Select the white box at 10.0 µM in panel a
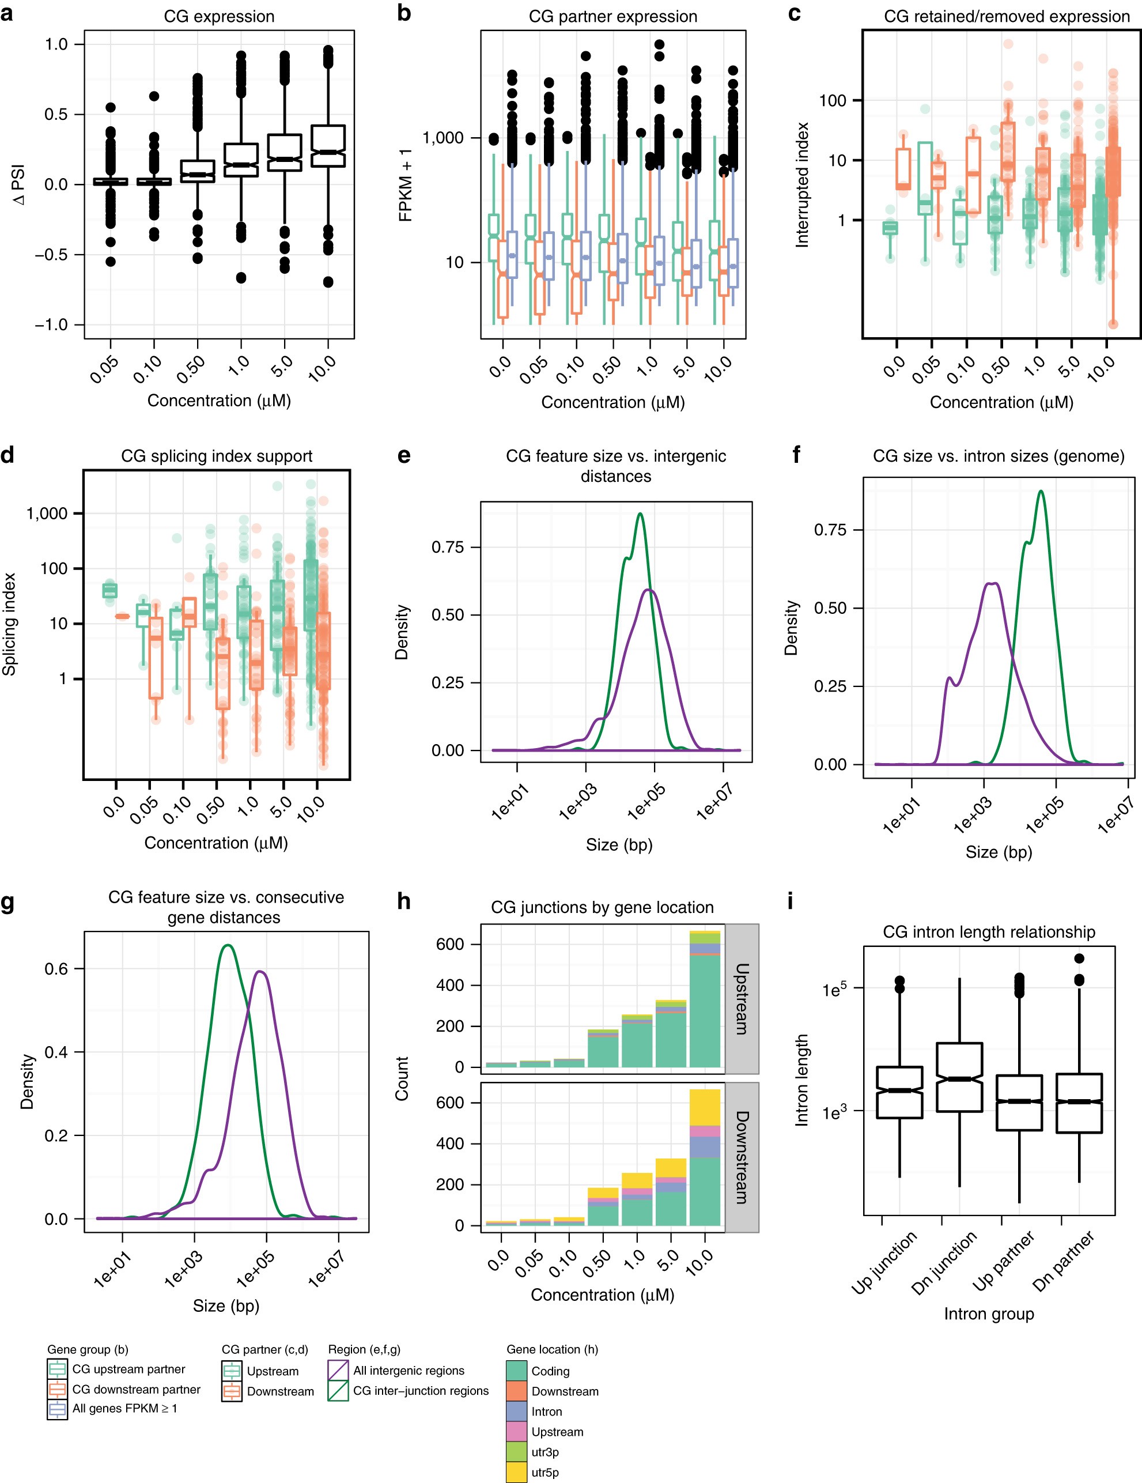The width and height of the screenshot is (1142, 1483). (328, 146)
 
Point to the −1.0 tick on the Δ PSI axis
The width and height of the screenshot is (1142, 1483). (52, 324)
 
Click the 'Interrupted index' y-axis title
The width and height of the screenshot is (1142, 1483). (802, 184)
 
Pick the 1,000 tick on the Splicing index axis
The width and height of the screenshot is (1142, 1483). (47, 514)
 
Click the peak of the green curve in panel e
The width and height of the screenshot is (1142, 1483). (640, 514)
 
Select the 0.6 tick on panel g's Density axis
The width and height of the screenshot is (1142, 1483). (56, 969)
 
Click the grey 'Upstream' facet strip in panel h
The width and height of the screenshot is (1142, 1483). (742, 998)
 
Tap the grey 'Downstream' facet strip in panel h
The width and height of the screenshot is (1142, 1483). (742, 1156)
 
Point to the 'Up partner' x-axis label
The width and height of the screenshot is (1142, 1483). (1004, 1261)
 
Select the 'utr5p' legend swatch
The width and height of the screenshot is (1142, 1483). (517, 1472)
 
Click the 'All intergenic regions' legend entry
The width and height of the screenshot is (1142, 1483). (408, 1370)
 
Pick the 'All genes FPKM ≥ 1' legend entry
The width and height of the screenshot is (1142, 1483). (124, 1408)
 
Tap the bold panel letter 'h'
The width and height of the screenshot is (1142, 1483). (404, 902)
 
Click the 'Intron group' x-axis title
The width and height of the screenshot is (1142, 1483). (989, 1314)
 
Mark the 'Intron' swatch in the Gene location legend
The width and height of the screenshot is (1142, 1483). (517, 1411)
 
